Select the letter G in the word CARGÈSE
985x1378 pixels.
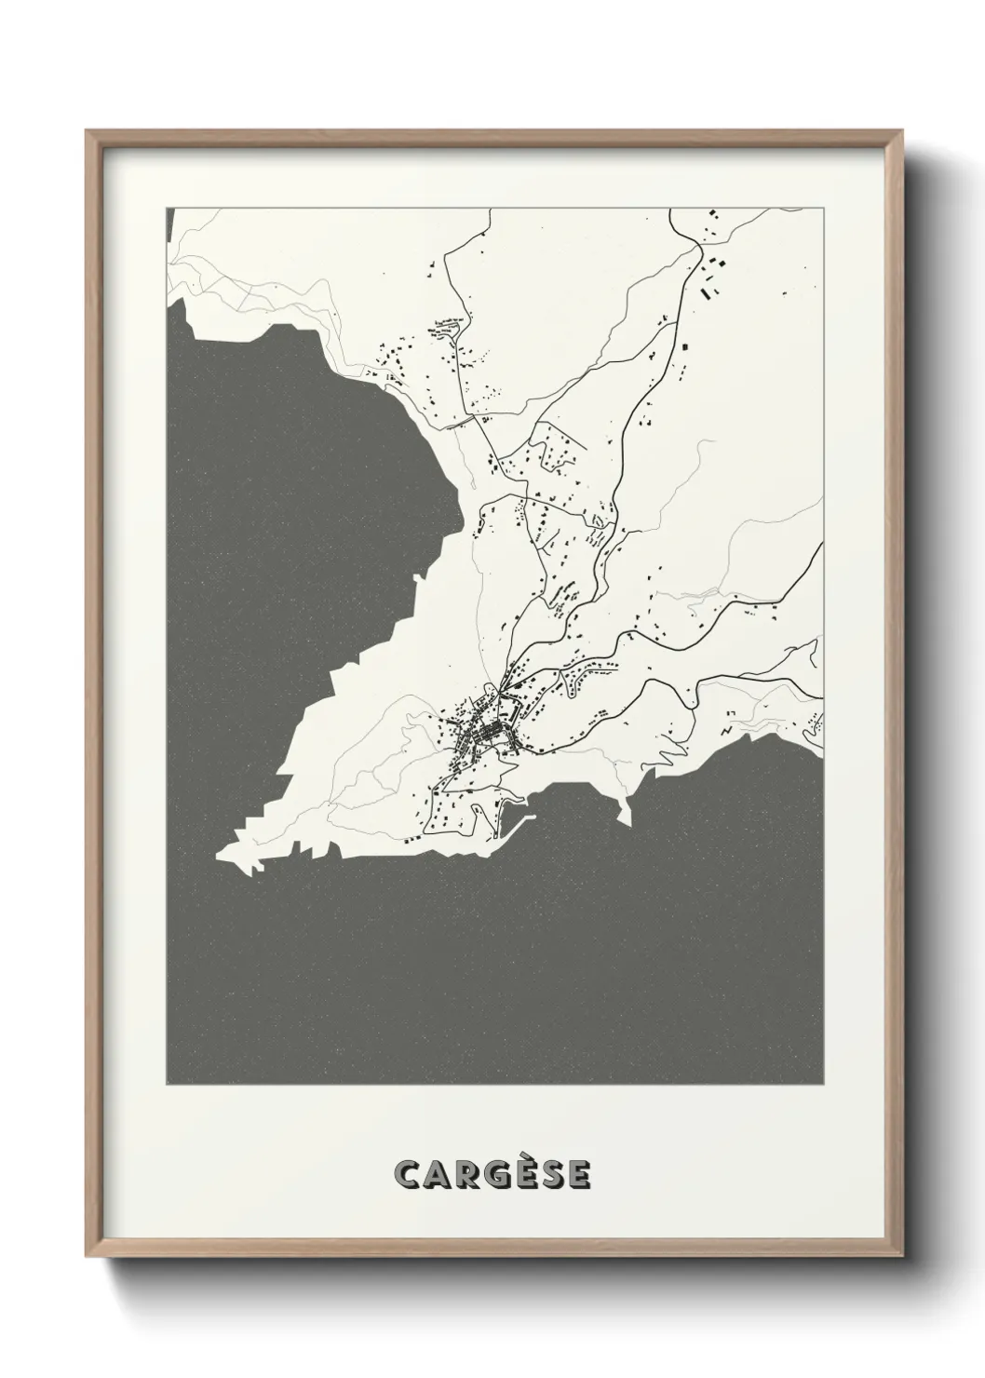(x=492, y=1175)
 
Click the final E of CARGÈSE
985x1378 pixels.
(x=578, y=1175)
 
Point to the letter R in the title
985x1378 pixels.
(x=463, y=1175)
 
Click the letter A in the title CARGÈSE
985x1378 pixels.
(x=435, y=1175)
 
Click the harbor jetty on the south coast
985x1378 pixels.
(x=518, y=823)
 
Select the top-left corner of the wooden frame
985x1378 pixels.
(x=87, y=131)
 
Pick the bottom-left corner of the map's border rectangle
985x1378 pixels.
(x=167, y=1085)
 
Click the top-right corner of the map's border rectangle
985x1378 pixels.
(x=823, y=208)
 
